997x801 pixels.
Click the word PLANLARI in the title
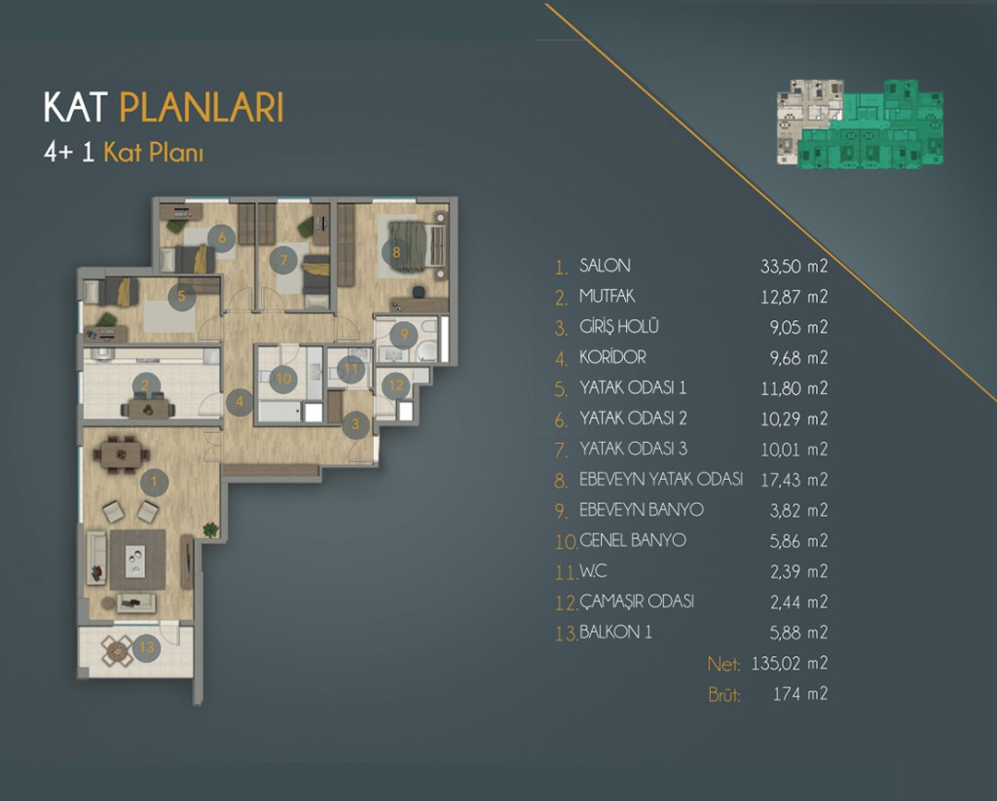[x=202, y=108]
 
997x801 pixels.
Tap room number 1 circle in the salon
[x=152, y=480]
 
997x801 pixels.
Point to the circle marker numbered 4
[x=239, y=399]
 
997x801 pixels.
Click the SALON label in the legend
[x=605, y=266]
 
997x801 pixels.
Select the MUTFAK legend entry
[x=608, y=296]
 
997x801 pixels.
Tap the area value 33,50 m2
[x=794, y=266]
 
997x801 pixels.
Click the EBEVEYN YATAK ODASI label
[x=661, y=480]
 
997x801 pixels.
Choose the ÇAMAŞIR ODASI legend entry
[x=637, y=601]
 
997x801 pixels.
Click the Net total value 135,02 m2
[x=790, y=664]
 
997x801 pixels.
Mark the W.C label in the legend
[x=594, y=571]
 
